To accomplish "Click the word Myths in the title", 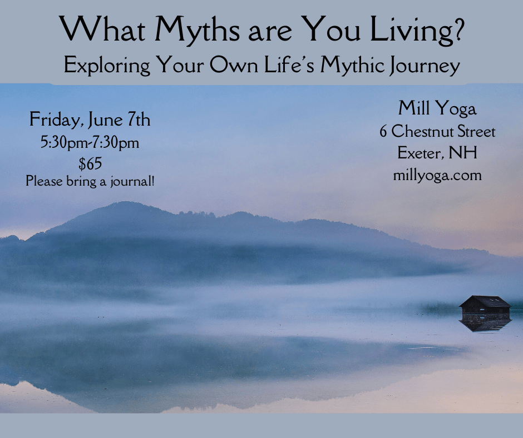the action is coord(198,30).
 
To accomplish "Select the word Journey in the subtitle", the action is coord(425,66).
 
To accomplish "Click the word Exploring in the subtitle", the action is coord(107,66).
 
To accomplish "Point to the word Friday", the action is coord(56,120).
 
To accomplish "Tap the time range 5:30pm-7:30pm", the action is coord(90,143).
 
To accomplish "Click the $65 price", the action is coord(90,163).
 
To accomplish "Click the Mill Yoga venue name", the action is coord(437,108).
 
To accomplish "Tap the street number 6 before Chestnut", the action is coord(383,132).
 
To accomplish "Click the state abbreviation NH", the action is coord(463,153).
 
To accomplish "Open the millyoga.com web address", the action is coord(437,175).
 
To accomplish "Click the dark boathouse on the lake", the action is coord(485,305).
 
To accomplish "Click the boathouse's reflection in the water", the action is coord(485,323).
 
